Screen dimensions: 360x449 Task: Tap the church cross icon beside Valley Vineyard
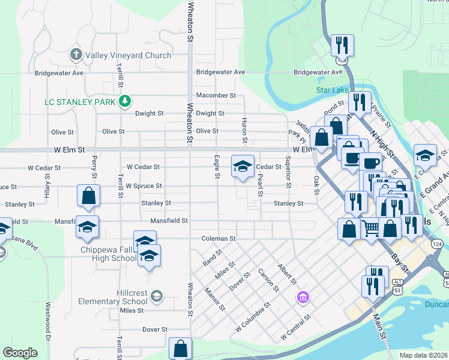pyautogui.click(x=76, y=55)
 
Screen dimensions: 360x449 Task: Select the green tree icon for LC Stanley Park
pyautogui.click(x=124, y=101)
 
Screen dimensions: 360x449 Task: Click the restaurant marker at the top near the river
pyautogui.click(x=342, y=45)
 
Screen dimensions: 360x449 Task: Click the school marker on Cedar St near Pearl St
pyautogui.click(x=243, y=167)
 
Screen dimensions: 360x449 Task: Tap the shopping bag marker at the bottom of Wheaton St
pyautogui.click(x=180, y=349)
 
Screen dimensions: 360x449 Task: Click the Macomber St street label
pyautogui.click(x=216, y=95)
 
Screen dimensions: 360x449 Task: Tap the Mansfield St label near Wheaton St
pyautogui.click(x=169, y=221)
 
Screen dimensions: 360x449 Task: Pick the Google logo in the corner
pyautogui.click(x=20, y=353)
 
